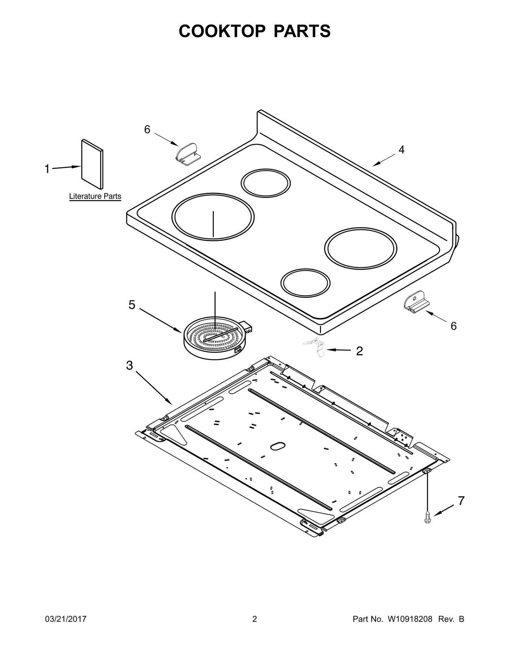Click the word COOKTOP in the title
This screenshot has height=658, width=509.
pos(222,31)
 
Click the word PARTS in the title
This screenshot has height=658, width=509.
pos(302,31)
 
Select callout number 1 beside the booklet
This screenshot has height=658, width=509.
pos(47,169)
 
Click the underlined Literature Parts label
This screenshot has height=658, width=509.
pos(95,196)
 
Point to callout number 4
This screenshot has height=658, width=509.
pos(401,150)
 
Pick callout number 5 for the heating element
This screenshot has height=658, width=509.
pos(132,305)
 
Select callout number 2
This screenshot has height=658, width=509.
pos(359,351)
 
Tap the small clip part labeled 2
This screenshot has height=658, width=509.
pos(315,346)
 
